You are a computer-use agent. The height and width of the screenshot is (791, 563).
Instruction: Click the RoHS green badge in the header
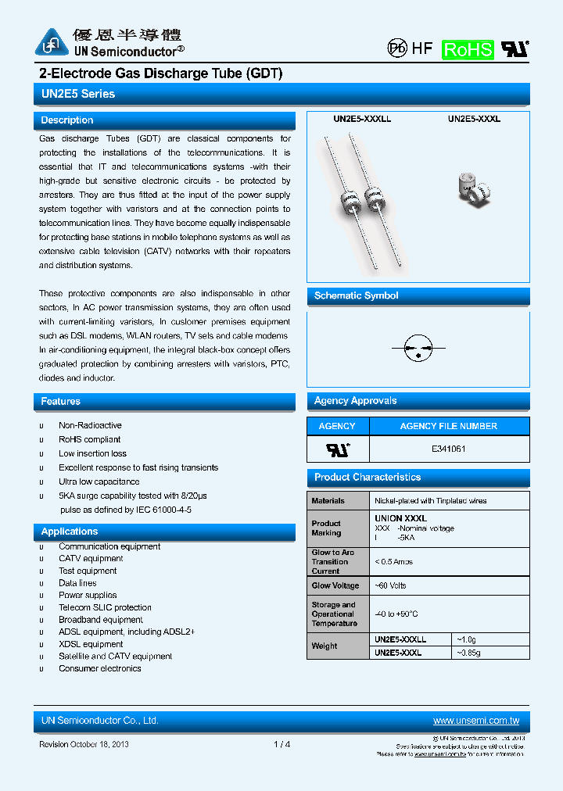click(468, 49)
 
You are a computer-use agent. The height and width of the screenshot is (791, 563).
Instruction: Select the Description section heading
click(67, 120)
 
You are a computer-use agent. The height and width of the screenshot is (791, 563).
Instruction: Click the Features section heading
click(61, 401)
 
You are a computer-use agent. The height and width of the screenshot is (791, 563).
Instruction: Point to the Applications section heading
click(70, 532)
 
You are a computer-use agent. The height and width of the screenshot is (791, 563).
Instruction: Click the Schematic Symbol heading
click(356, 295)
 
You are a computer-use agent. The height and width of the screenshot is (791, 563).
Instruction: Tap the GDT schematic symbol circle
click(418, 348)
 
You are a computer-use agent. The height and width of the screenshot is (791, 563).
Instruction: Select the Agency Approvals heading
click(355, 401)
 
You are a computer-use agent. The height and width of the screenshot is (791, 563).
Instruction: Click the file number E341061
click(449, 449)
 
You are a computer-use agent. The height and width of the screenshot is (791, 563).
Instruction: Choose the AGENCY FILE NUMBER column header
click(448, 426)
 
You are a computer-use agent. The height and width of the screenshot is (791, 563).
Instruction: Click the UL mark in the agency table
click(338, 449)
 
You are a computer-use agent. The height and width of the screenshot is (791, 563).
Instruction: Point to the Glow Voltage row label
click(335, 585)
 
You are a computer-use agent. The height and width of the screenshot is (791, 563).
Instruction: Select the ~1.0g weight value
click(468, 639)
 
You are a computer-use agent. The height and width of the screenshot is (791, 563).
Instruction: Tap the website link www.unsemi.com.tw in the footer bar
click(475, 721)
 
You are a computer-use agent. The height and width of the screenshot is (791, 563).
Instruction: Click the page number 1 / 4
click(282, 744)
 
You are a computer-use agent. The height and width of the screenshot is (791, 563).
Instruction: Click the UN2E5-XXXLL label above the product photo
click(362, 120)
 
